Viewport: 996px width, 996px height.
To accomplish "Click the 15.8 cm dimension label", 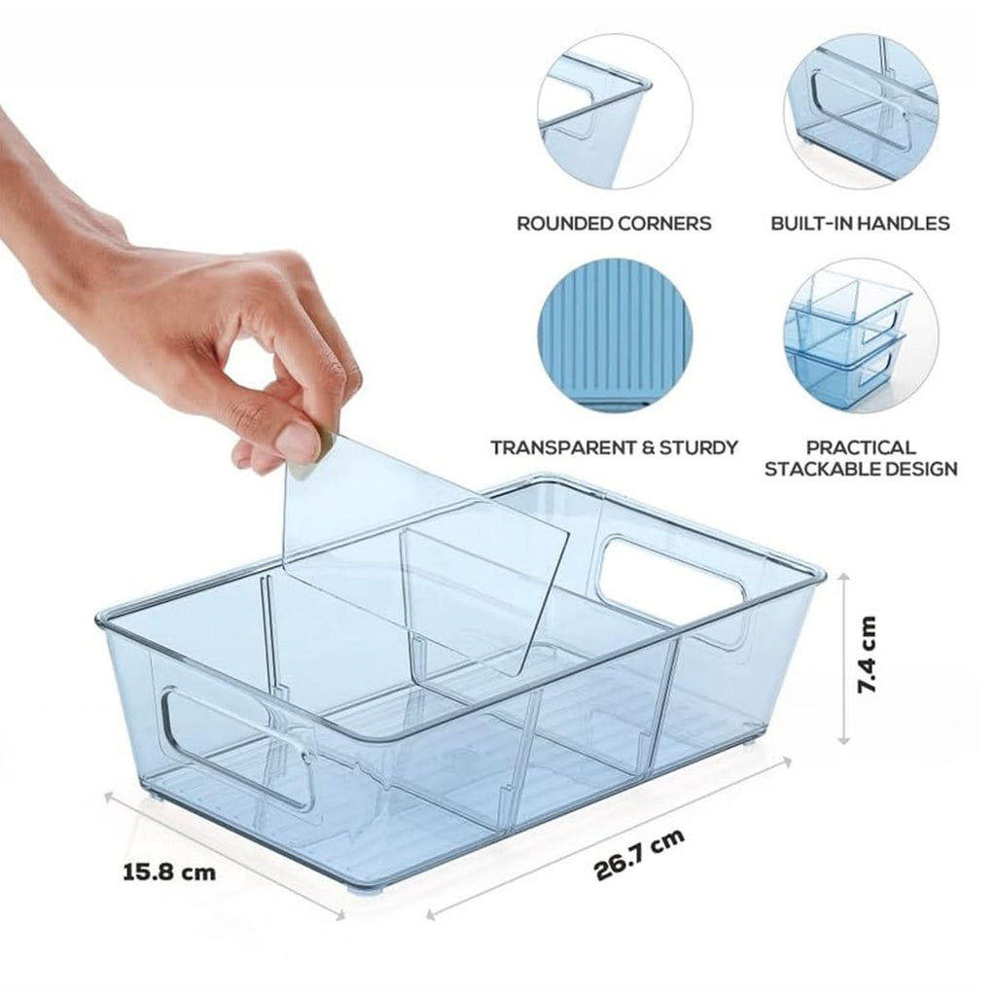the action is (x=169, y=871).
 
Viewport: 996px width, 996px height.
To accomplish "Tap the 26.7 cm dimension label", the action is (x=640, y=854).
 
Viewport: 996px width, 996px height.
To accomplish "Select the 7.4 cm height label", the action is (x=866, y=655).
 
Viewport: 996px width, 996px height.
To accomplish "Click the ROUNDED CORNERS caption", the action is (x=614, y=224).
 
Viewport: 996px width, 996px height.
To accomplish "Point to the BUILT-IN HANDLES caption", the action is (x=860, y=224).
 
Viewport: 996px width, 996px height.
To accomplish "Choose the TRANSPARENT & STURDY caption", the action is (x=615, y=447).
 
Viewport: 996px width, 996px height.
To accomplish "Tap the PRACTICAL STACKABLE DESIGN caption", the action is (x=861, y=459).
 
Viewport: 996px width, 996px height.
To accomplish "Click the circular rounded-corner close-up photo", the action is (x=615, y=112).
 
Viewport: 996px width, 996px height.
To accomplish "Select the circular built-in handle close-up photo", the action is (x=861, y=112).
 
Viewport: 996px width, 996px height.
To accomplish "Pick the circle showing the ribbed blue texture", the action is (x=615, y=336).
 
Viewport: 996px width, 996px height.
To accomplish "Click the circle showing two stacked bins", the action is (x=861, y=336).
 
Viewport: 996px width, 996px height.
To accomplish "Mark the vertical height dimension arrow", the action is (x=843, y=658).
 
